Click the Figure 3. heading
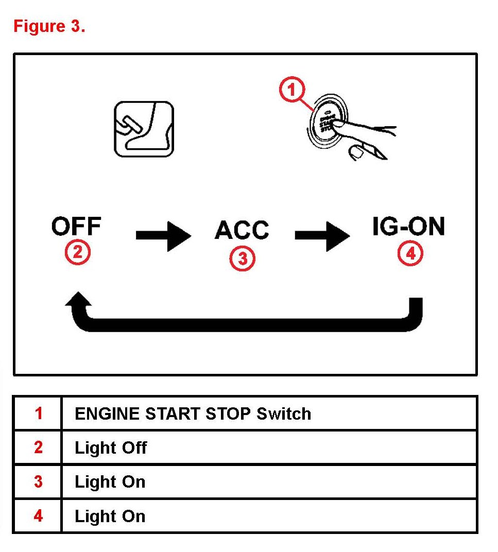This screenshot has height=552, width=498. click(49, 26)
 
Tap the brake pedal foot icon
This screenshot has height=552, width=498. click(144, 129)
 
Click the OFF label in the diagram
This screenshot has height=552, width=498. click(76, 227)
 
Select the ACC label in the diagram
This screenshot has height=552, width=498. click(242, 230)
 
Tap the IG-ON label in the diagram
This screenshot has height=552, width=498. click(408, 227)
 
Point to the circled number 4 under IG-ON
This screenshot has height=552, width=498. click(410, 253)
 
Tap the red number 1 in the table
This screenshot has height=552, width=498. click(39, 413)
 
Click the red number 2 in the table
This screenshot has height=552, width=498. click(39, 447)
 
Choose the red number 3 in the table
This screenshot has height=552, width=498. click(39, 482)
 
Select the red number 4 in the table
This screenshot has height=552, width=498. click(39, 516)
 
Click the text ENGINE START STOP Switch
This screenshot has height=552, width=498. click(193, 413)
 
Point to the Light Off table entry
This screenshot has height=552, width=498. click(111, 448)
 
